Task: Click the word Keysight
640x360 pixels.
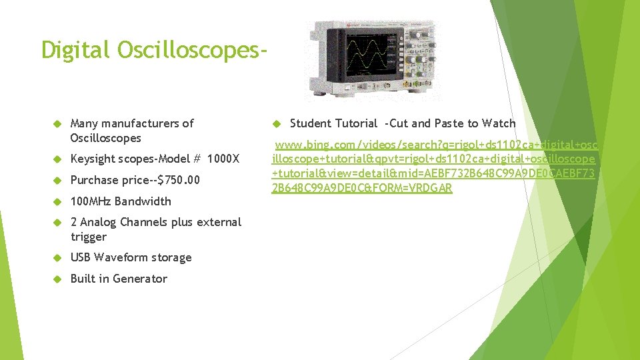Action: point(93,159)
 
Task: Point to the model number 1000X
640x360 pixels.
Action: point(223,159)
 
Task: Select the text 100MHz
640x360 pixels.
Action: point(91,201)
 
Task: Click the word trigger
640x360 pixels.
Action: point(89,237)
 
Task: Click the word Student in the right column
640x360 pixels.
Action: point(311,123)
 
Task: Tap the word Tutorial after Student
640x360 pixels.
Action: point(356,123)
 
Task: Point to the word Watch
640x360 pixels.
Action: point(499,123)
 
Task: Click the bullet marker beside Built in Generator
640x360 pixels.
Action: point(57,279)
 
